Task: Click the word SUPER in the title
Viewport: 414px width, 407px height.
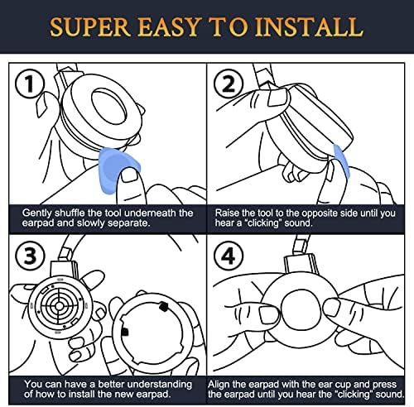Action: [x=89, y=27]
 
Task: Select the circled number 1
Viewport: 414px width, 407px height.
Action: [x=30, y=84]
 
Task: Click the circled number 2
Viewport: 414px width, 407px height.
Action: [x=229, y=84]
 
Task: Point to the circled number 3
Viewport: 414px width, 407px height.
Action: [x=30, y=256]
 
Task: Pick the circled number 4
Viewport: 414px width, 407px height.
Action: [x=229, y=256]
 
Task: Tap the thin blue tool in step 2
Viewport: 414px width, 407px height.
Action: [x=342, y=160]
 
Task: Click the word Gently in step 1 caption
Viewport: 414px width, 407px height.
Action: [x=37, y=213]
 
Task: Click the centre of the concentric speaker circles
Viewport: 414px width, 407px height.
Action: [x=59, y=305]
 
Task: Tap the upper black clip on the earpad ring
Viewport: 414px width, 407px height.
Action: [x=164, y=306]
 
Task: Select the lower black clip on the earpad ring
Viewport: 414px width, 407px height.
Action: [x=125, y=332]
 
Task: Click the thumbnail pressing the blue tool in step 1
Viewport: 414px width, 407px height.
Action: [x=129, y=175]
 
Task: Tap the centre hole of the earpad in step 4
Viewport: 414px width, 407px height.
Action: [x=301, y=309]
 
